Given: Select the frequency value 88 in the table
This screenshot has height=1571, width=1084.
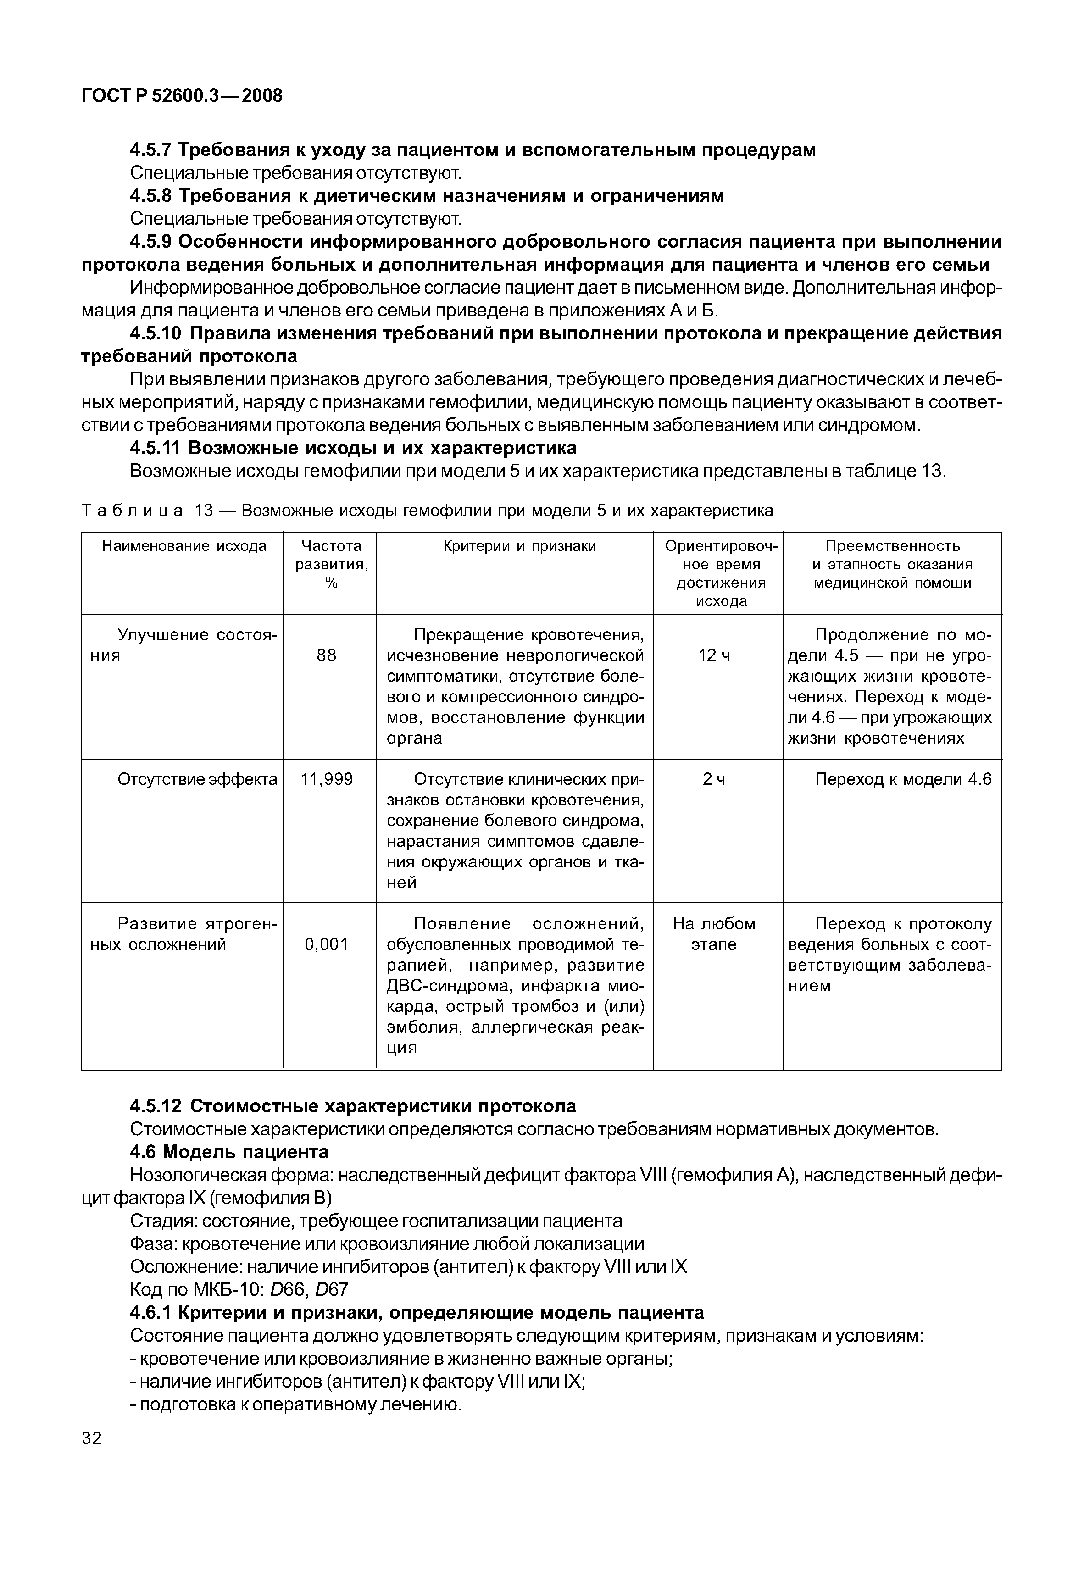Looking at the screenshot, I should pos(326,655).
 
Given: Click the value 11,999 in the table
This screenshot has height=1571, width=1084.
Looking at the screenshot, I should pos(327,779).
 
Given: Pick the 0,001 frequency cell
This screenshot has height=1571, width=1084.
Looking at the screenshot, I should pos(326,944).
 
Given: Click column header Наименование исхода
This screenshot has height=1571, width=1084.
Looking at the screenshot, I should pos(184,546).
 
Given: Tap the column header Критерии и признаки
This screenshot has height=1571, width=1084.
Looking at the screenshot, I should pos(520,546).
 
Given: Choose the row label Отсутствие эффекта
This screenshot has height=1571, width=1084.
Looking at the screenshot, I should pos(197,779).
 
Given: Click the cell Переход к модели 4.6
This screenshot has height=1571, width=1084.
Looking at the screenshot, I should pos(903,779).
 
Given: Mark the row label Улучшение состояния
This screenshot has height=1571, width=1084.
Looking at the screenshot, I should pos(183,645).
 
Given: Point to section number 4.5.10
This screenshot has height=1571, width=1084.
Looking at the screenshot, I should pos(156,333).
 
